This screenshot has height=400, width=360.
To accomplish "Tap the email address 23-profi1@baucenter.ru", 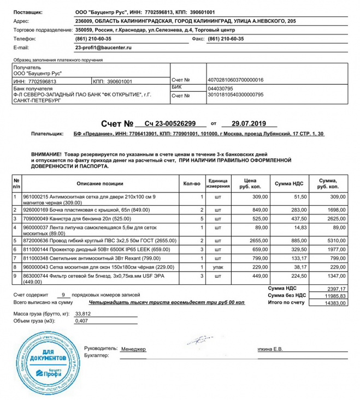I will (x=103, y=47).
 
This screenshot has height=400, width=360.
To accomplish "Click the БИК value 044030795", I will (x=221, y=88).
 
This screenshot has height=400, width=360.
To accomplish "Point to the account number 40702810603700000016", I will (x=235, y=80).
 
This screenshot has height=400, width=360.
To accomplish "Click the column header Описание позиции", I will (x=100, y=184).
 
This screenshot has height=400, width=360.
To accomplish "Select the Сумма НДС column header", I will (x=289, y=184).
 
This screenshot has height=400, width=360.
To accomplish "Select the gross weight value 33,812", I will (x=83, y=314).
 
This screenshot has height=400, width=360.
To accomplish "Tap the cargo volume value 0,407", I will (x=82, y=321).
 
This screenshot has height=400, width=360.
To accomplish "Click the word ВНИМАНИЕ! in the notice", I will (x=46, y=155).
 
